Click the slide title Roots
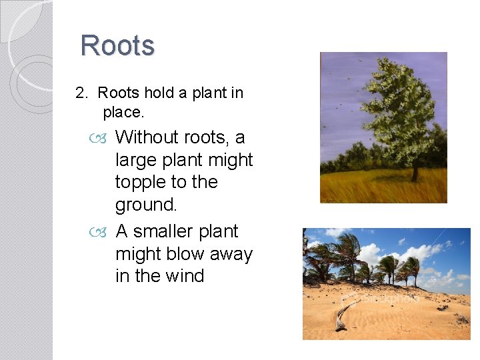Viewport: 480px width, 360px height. pyautogui.click(x=117, y=46)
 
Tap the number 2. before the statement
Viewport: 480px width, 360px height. pyautogui.click(x=82, y=93)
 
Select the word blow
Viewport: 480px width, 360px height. pyautogui.click(x=179, y=254)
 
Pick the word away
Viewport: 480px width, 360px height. pyautogui.click(x=230, y=254)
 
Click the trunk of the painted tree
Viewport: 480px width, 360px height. pyautogui.click(x=415, y=172)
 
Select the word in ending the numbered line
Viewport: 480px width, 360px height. pyautogui.click(x=237, y=93)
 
